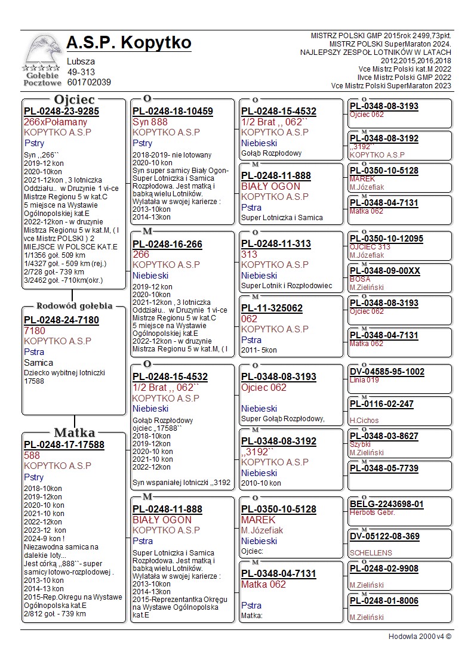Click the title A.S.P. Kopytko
pyautogui.click(x=129, y=43)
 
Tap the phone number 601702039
pyautogui.click(x=89, y=82)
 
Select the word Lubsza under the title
pyautogui.click(x=81, y=61)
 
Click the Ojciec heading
pyautogui.click(x=74, y=100)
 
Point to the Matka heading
pyautogui.click(x=74, y=433)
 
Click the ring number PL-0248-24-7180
pyautogui.click(x=61, y=320)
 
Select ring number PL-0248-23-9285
pyautogui.click(x=61, y=111)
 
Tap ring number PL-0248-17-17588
pyautogui.click(x=64, y=444)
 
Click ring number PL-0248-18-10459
pyautogui.click(x=173, y=111)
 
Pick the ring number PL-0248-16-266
pyautogui.click(x=167, y=245)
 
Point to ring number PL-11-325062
pyautogui.click(x=272, y=308)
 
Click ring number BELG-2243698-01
pyautogui.click(x=387, y=504)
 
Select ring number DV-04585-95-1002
pyautogui.click(x=387, y=372)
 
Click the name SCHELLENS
pyautogui.click(x=371, y=553)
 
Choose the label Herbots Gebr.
pyautogui.click(x=372, y=512)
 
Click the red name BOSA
pyautogui.click(x=360, y=279)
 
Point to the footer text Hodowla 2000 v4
pyautogui.click(x=420, y=637)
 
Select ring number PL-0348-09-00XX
pyautogui.click(x=385, y=271)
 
